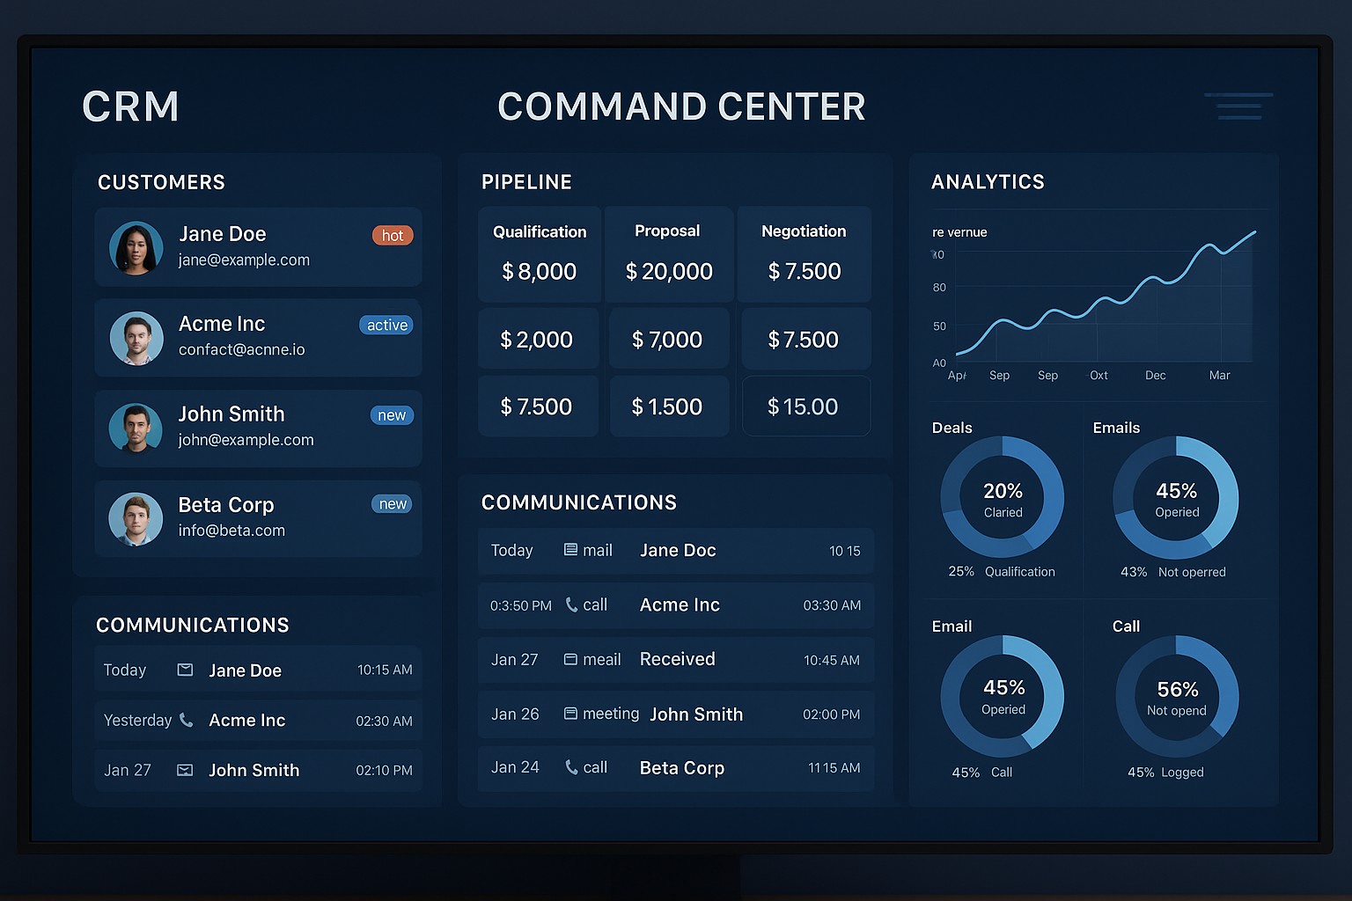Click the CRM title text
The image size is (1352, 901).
(x=130, y=107)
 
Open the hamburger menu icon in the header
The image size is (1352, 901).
(x=1238, y=106)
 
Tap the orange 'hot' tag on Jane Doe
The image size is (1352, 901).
(x=393, y=236)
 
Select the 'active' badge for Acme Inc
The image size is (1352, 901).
(x=386, y=326)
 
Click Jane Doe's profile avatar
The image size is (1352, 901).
(x=136, y=248)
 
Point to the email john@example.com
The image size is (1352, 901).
(x=246, y=440)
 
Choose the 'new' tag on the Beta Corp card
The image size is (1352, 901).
(x=392, y=504)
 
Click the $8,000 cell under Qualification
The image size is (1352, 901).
(x=539, y=272)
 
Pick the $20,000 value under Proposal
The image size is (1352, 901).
(x=669, y=272)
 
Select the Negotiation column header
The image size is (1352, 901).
(x=803, y=231)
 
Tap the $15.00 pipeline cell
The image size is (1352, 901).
(x=803, y=407)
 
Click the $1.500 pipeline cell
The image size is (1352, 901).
(x=667, y=407)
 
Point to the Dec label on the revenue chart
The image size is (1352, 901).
(x=1155, y=376)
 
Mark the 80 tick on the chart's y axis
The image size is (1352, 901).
(x=939, y=288)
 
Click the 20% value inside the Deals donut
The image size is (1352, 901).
(x=1003, y=491)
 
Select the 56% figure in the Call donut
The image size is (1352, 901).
(x=1177, y=690)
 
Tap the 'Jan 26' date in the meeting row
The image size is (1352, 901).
(x=515, y=714)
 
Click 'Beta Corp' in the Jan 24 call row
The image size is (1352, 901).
(x=681, y=768)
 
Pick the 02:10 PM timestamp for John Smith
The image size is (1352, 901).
(x=384, y=771)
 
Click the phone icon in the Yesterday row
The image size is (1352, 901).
(x=186, y=721)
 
